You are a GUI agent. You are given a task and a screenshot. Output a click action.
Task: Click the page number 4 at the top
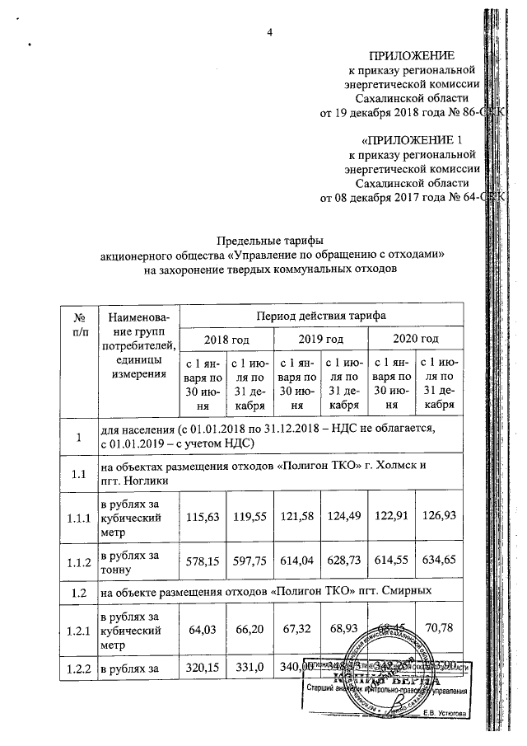tap(268, 32)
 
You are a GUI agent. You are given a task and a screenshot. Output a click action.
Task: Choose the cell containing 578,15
tap(203, 565)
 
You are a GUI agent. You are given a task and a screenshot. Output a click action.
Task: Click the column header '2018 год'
tap(226, 339)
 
